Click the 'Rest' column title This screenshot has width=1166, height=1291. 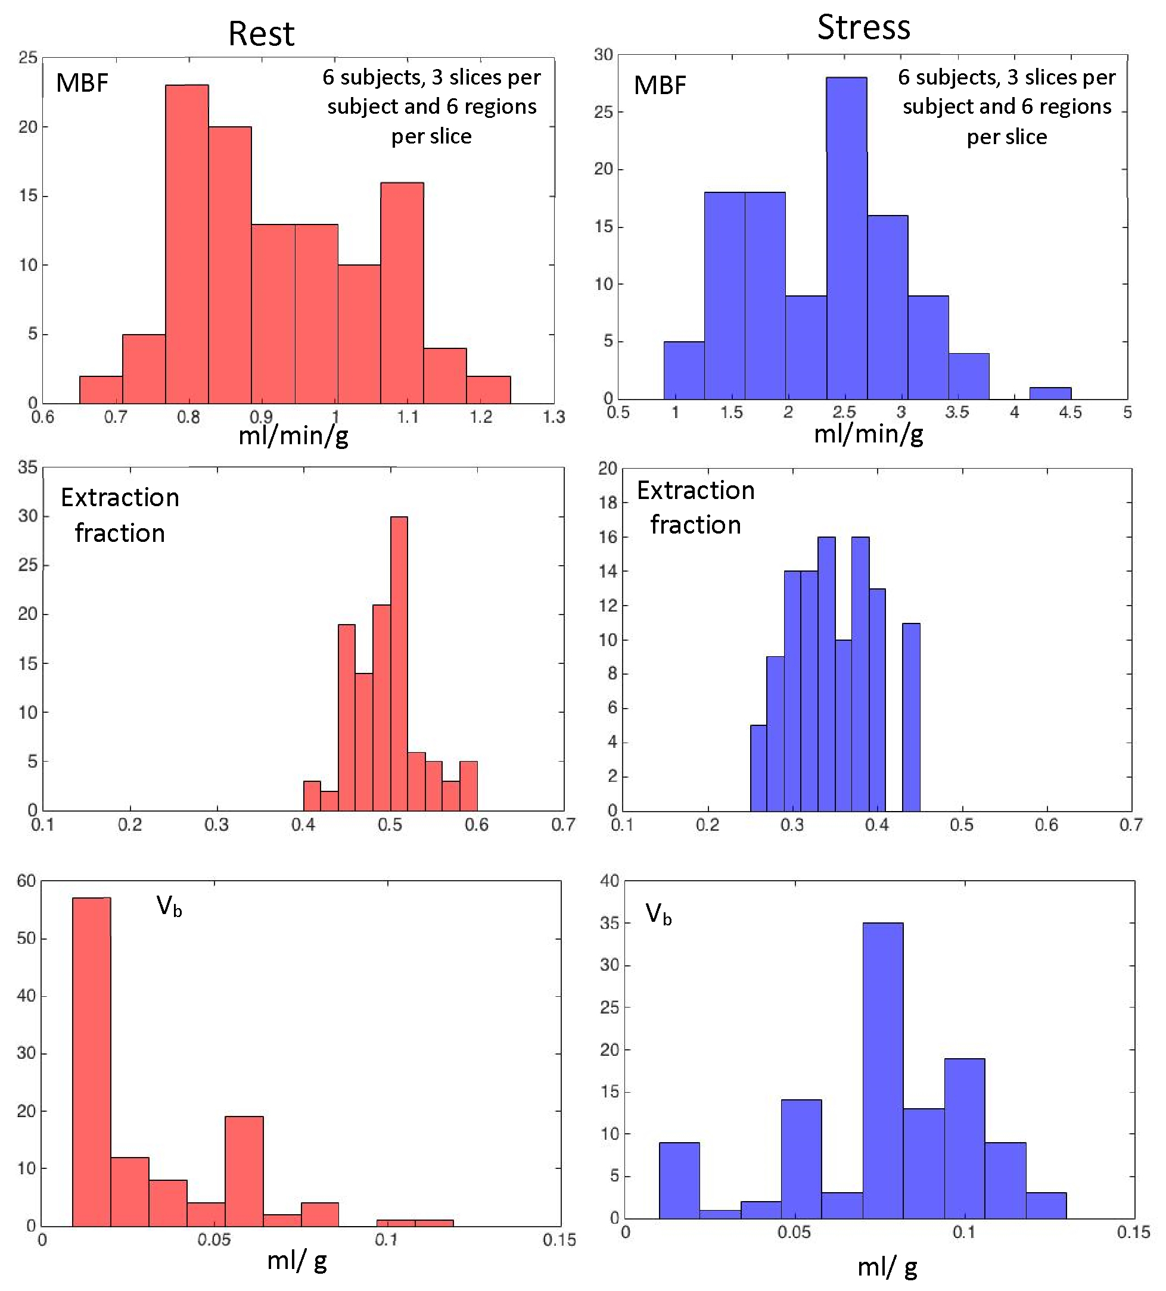coord(261,33)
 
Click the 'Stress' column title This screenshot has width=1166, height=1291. coord(863,27)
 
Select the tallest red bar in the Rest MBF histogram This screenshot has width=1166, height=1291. coord(186,244)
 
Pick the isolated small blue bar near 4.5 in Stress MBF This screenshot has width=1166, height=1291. coord(1049,393)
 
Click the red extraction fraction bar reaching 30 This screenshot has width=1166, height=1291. coord(399,663)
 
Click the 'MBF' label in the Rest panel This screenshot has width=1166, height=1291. coord(82,83)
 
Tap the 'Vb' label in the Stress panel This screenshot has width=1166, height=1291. coord(658,914)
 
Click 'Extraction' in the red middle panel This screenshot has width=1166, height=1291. coord(120,498)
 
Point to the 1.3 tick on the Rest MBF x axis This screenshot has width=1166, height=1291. coord(554,417)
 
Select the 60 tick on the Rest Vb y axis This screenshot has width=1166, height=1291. coord(26,881)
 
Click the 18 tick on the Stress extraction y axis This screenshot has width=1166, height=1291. coord(607,503)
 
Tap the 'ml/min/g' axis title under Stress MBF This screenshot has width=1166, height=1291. coord(868,434)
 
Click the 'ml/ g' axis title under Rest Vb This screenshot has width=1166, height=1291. coord(297,1260)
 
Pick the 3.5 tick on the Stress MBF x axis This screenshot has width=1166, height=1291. coord(956,413)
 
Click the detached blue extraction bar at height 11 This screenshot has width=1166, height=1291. coord(910,717)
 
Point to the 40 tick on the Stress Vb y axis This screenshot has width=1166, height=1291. coord(610,881)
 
